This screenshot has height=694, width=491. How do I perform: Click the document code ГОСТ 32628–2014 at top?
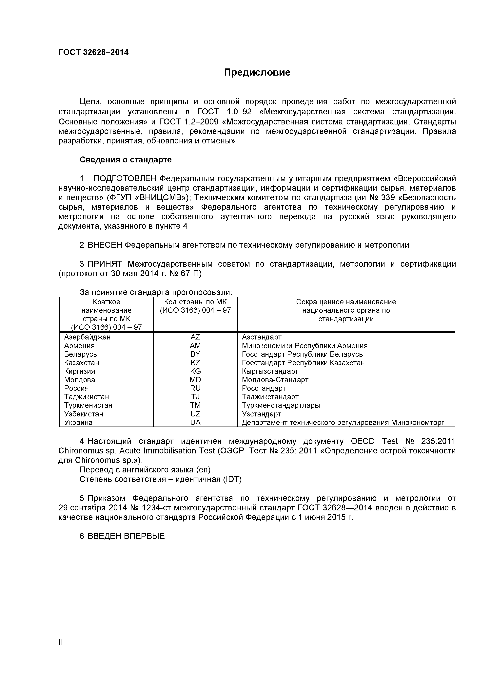(x=93, y=53)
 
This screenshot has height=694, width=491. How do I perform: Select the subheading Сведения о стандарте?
(x=125, y=160)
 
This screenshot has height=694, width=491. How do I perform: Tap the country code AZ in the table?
(x=195, y=337)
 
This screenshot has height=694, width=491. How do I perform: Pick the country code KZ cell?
(x=195, y=363)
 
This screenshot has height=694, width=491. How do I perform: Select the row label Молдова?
(x=80, y=380)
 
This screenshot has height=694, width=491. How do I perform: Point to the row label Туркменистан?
(x=88, y=405)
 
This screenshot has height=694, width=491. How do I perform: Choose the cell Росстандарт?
(x=264, y=388)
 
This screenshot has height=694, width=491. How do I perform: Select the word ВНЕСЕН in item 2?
(x=105, y=245)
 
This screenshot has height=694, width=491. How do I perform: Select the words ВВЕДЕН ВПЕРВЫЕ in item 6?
(x=126, y=536)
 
